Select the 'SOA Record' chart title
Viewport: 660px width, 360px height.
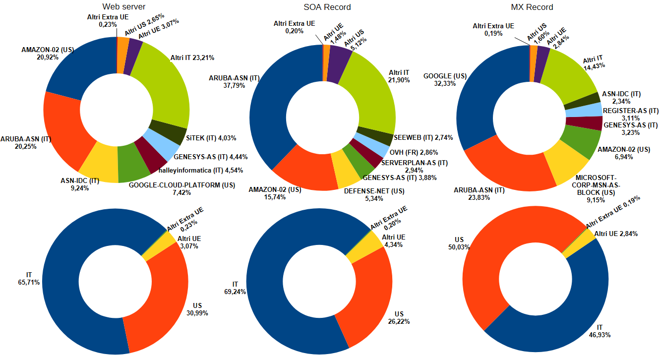point(327,7)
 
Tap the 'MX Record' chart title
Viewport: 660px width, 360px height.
point(532,7)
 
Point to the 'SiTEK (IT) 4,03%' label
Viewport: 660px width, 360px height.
point(204,138)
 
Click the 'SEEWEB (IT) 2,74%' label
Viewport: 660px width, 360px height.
point(420,137)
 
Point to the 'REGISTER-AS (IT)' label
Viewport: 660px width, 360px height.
point(630,111)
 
